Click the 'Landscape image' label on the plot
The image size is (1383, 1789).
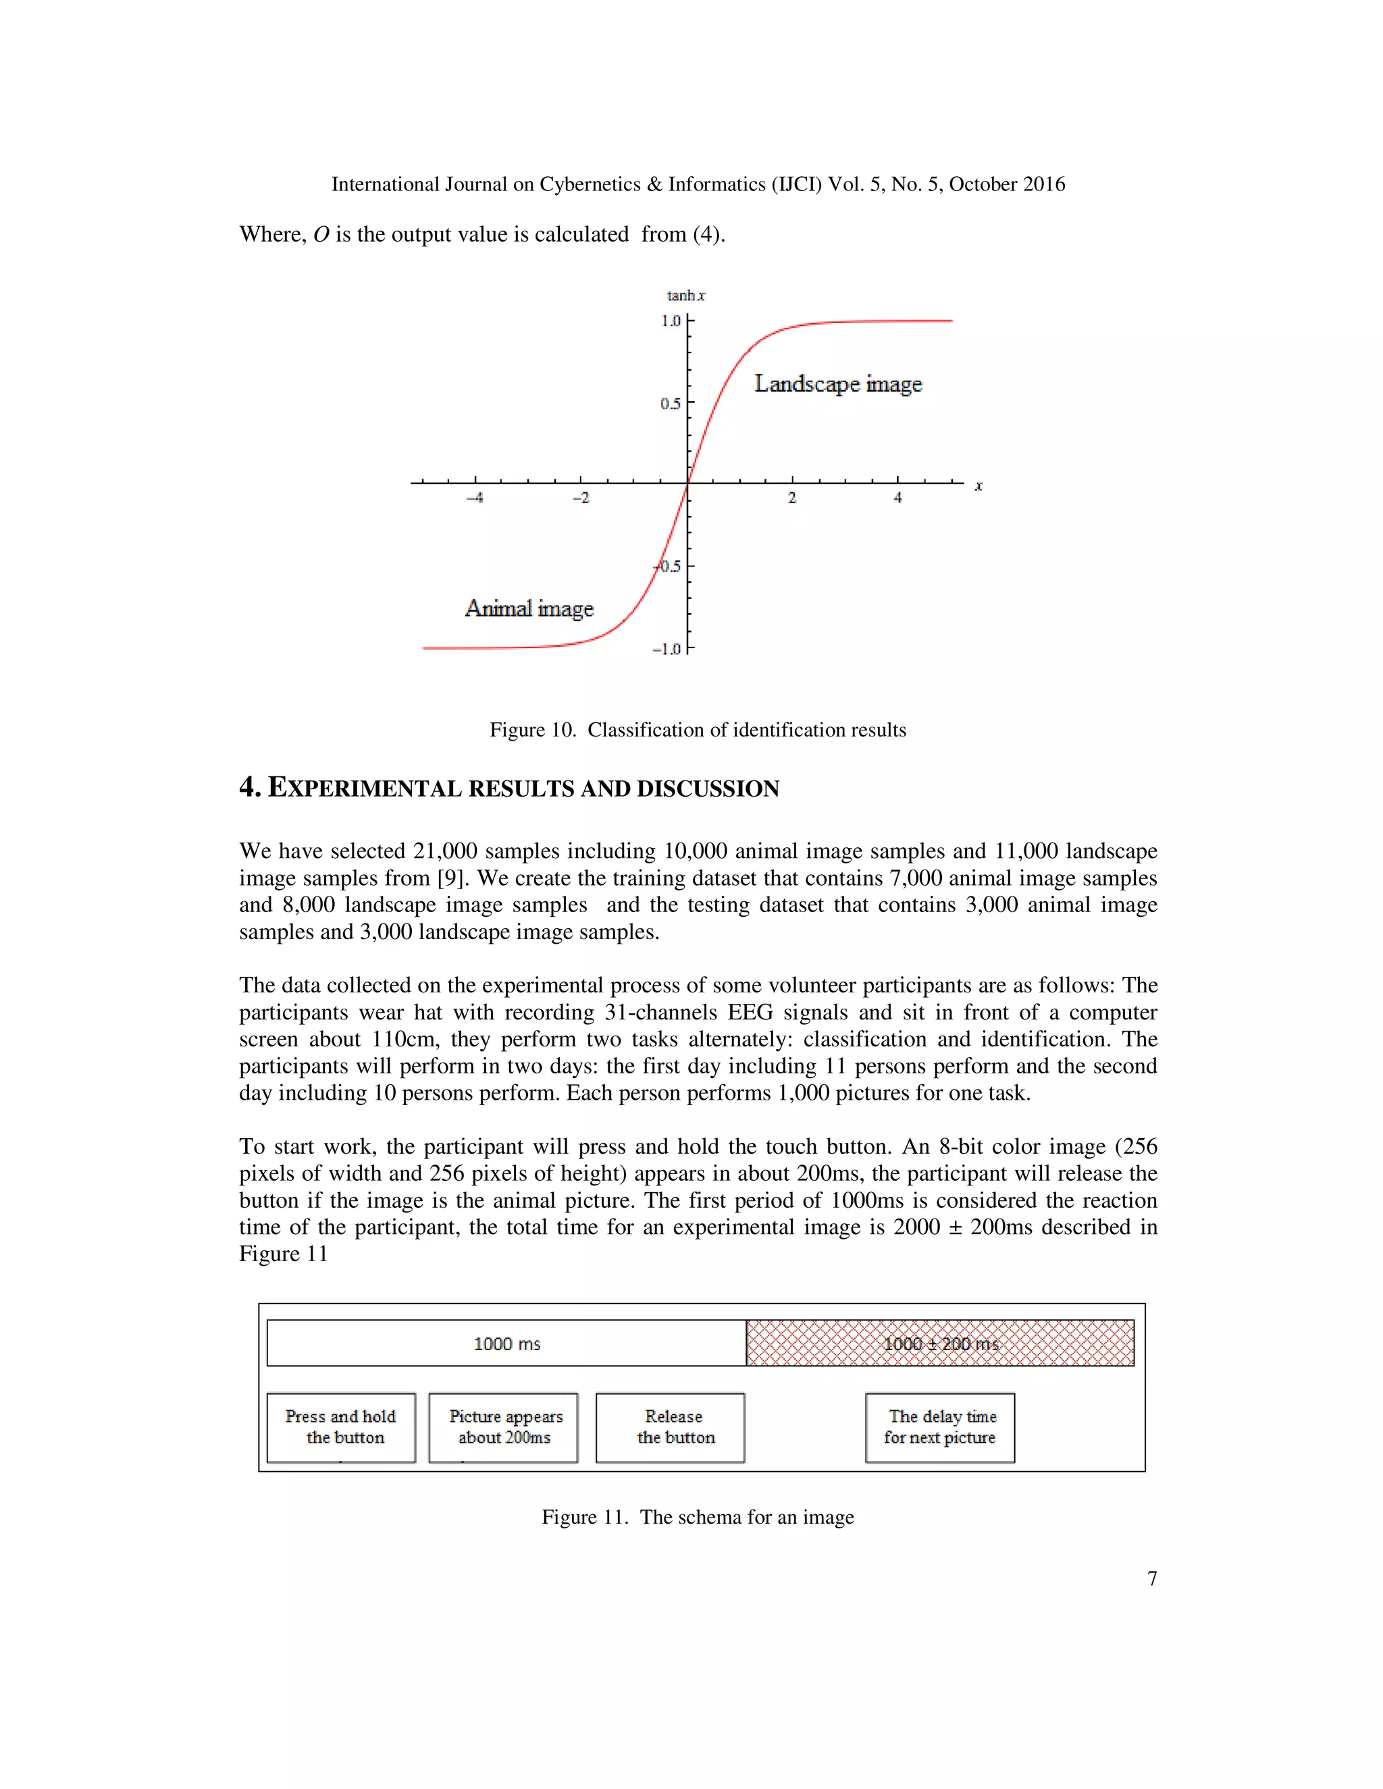tap(837, 384)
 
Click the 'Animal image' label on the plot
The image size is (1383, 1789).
tap(529, 609)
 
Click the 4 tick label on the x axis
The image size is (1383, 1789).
tap(898, 498)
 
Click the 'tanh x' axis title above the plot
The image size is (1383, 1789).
tap(686, 296)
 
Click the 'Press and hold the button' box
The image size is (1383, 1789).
tap(341, 1427)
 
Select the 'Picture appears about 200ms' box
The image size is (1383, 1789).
tap(504, 1427)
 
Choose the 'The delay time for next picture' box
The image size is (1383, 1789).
tap(940, 1427)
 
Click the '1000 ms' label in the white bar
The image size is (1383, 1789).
tap(507, 1343)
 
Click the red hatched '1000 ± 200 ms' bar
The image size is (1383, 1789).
tap(941, 1343)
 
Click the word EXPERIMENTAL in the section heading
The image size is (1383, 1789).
tap(365, 789)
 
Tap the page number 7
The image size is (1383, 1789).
tap(1152, 1578)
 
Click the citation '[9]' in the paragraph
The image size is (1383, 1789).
tap(453, 878)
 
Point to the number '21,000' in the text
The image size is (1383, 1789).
tap(443, 851)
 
